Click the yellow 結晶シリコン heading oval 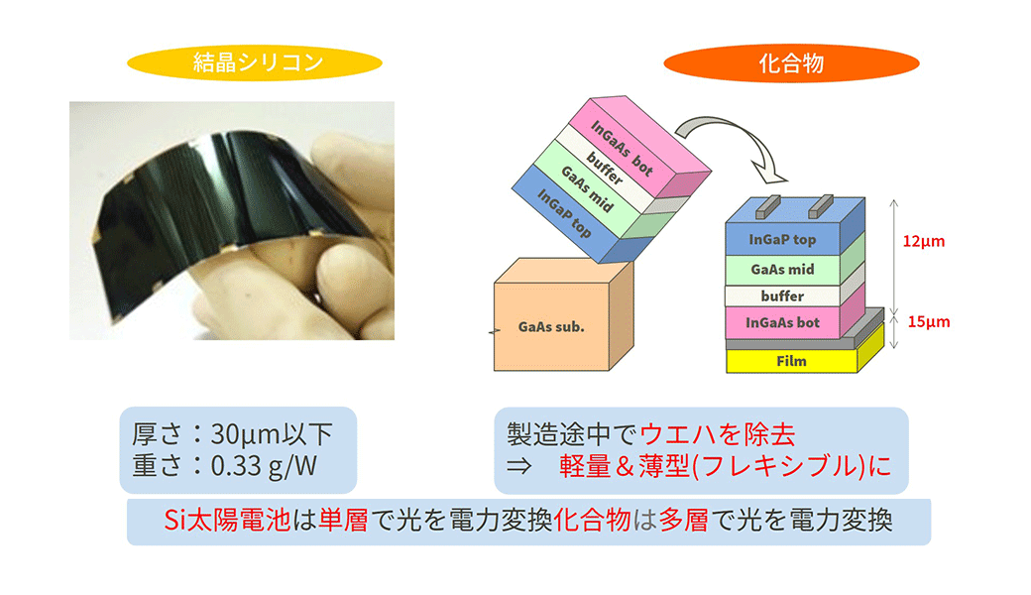pos(255,63)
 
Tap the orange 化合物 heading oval pos(791,63)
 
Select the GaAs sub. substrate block pos(563,315)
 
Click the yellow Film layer pos(792,361)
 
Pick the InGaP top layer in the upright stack pos(782,239)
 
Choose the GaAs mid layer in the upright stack pos(782,269)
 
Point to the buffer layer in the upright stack pos(782,296)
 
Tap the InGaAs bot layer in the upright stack pos(782,323)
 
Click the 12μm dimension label pos(923,241)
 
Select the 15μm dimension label pos(929,321)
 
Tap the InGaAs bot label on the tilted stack pos(622,148)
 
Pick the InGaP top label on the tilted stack pos(564,213)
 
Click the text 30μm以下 pos(272,434)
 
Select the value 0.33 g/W pos(264,465)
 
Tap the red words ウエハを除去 pos(717,434)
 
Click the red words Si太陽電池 pos(227,520)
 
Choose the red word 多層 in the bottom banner pos(684,520)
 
